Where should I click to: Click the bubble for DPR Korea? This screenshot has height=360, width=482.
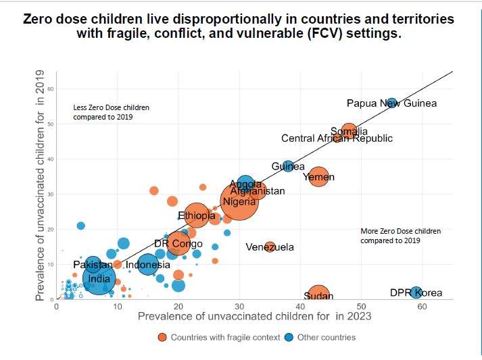click(x=417, y=292)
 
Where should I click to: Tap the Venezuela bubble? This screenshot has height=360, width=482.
click(x=270, y=247)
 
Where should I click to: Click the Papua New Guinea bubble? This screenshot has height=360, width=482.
click(x=392, y=103)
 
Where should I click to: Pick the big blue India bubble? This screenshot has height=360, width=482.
click(x=99, y=278)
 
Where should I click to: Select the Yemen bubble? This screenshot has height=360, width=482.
click(x=318, y=177)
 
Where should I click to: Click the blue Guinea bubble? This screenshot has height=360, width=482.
click(x=288, y=166)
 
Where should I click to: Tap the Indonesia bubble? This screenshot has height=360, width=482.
click(x=147, y=264)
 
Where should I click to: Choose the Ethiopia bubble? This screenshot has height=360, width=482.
click(x=197, y=216)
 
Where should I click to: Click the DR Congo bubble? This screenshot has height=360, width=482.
click(x=178, y=243)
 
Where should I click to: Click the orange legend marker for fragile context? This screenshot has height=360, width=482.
click(x=162, y=337)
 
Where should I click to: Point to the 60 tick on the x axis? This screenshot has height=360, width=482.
click(x=422, y=306)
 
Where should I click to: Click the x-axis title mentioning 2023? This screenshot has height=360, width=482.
click(x=251, y=316)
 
